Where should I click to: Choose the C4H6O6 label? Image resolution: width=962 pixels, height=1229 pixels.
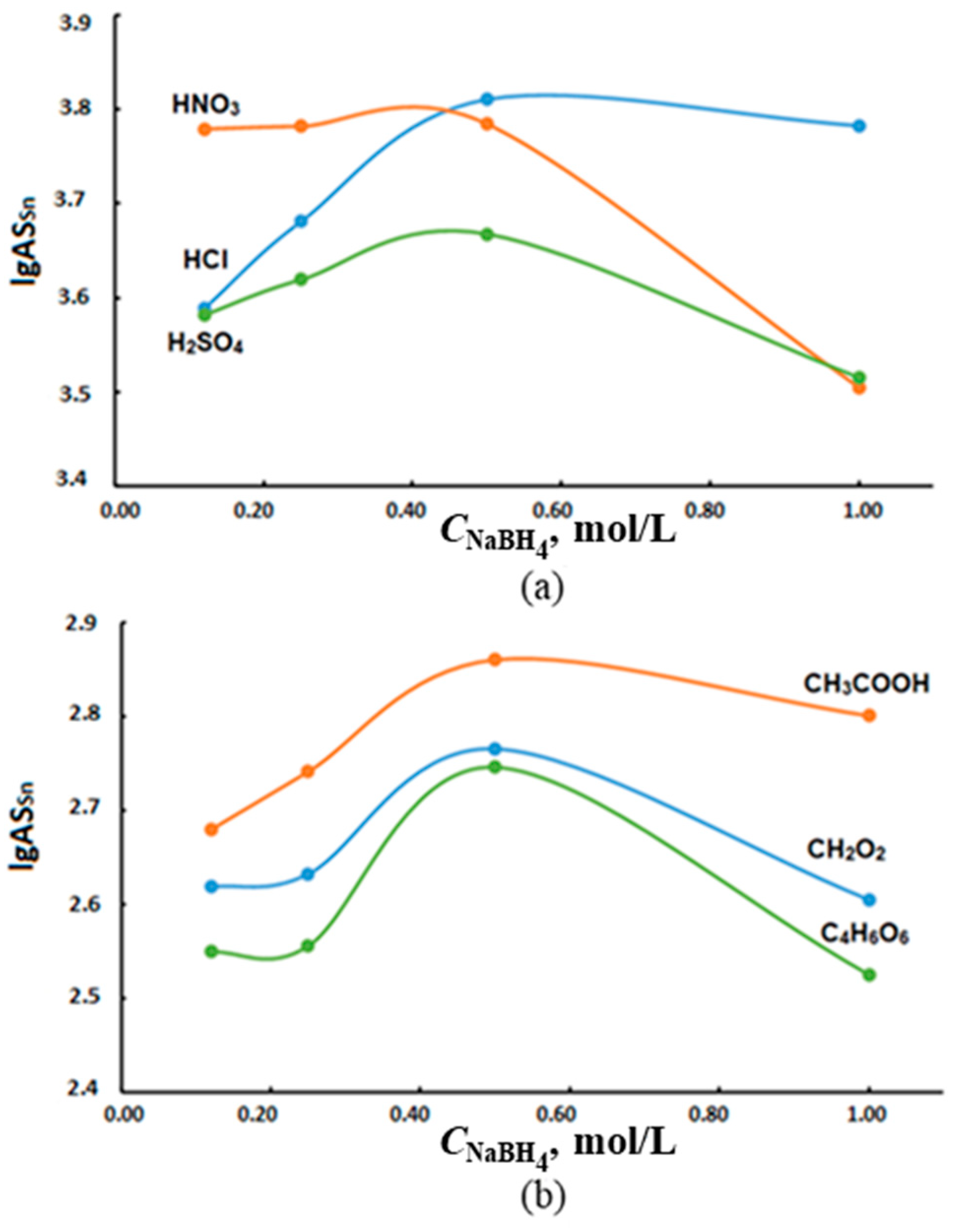[865, 935]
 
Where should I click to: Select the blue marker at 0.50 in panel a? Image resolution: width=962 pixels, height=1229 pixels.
[487, 99]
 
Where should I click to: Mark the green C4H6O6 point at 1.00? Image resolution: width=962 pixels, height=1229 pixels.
[869, 975]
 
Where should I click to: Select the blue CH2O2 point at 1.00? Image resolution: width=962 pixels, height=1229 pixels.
[869, 900]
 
